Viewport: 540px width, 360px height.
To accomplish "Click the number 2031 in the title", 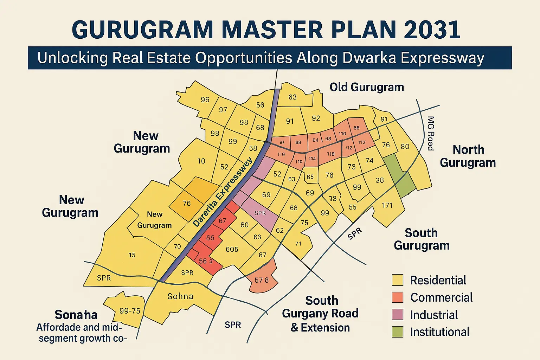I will pyautogui.click(x=432, y=30).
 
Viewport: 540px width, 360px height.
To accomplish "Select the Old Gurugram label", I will pyautogui.click(x=367, y=87).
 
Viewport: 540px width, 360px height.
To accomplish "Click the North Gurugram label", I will pyautogui.click(x=468, y=156).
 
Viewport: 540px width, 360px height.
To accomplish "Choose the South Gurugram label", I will pyautogui.click(x=422, y=239).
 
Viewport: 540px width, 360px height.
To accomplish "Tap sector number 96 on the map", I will pyautogui.click(x=205, y=99).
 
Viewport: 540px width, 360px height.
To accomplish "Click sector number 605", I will pyautogui.click(x=232, y=249).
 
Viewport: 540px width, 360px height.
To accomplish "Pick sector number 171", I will pyautogui.click(x=387, y=205).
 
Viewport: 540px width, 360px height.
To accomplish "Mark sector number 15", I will pyautogui.click(x=132, y=255).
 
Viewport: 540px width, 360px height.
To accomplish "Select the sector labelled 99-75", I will pyautogui.click(x=130, y=311).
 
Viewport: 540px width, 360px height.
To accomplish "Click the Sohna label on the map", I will pyautogui.click(x=180, y=296).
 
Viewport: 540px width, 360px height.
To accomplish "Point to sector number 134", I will pyautogui.click(x=312, y=159).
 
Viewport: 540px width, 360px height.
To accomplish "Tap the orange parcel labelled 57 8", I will pyautogui.click(x=262, y=280).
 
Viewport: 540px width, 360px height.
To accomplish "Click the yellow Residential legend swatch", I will pyautogui.click(x=398, y=280).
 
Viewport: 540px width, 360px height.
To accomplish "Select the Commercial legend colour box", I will pyautogui.click(x=398, y=297).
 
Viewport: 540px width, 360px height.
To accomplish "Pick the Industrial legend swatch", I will pyautogui.click(x=398, y=315).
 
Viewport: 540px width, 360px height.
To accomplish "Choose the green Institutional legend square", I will pyautogui.click(x=398, y=332).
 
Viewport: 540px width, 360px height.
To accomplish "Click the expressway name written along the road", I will pyautogui.click(x=223, y=192).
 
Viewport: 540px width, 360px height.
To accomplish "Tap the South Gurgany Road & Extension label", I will pyautogui.click(x=320, y=314).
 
